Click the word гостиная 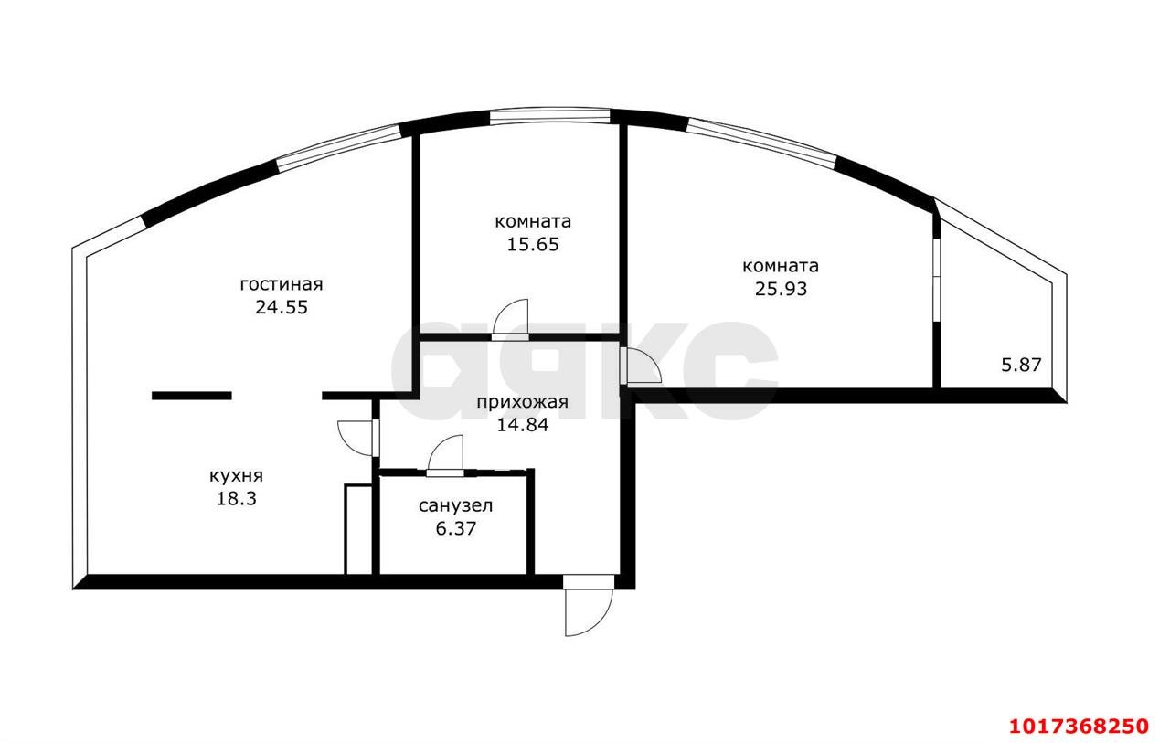point(282,284)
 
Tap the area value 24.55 point(282,307)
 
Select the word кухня point(236,476)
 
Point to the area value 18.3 point(237,499)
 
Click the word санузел point(455,506)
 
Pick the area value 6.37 point(455,528)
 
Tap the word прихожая point(522,402)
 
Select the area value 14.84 point(522,425)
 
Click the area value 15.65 point(533,244)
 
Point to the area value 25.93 point(781,289)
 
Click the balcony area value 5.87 point(1021,365)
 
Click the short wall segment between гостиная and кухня point(192,396)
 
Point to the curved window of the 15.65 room point(550,115)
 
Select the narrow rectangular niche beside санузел point(358,529)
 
